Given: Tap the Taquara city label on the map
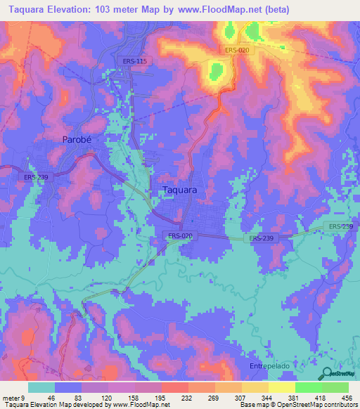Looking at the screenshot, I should tap(179, 190).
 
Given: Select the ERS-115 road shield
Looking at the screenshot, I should tap(133, 61).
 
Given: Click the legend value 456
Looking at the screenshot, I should tap(347, 397).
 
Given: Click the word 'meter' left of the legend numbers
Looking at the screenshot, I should tap(11, 397).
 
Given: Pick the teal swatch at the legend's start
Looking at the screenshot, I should tap(41, 387).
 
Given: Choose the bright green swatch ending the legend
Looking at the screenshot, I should tap(335, 387).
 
